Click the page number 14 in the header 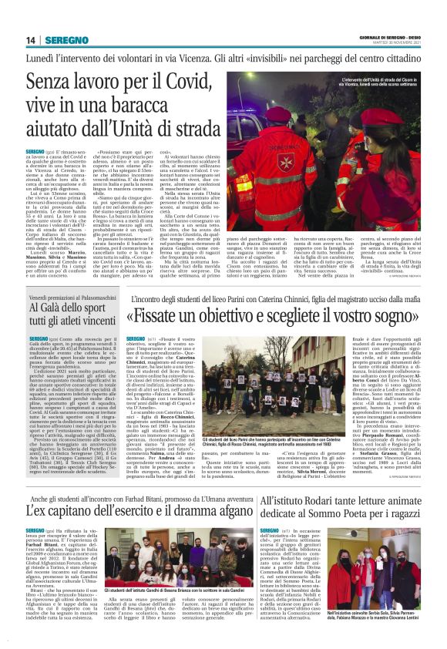pyautogui.click(x=31, y=40)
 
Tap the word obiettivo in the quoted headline pyautogui.click(x=245, y=315)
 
